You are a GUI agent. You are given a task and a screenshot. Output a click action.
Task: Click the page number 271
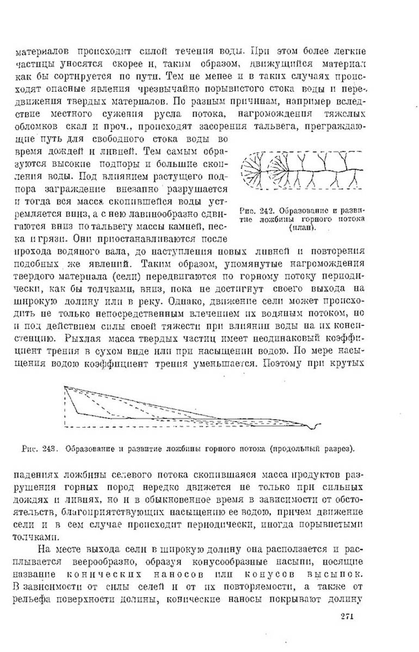[348, 615]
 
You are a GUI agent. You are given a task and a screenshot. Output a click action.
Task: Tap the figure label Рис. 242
[255, 211]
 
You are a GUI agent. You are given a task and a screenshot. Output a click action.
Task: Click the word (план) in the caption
[303, 228]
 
